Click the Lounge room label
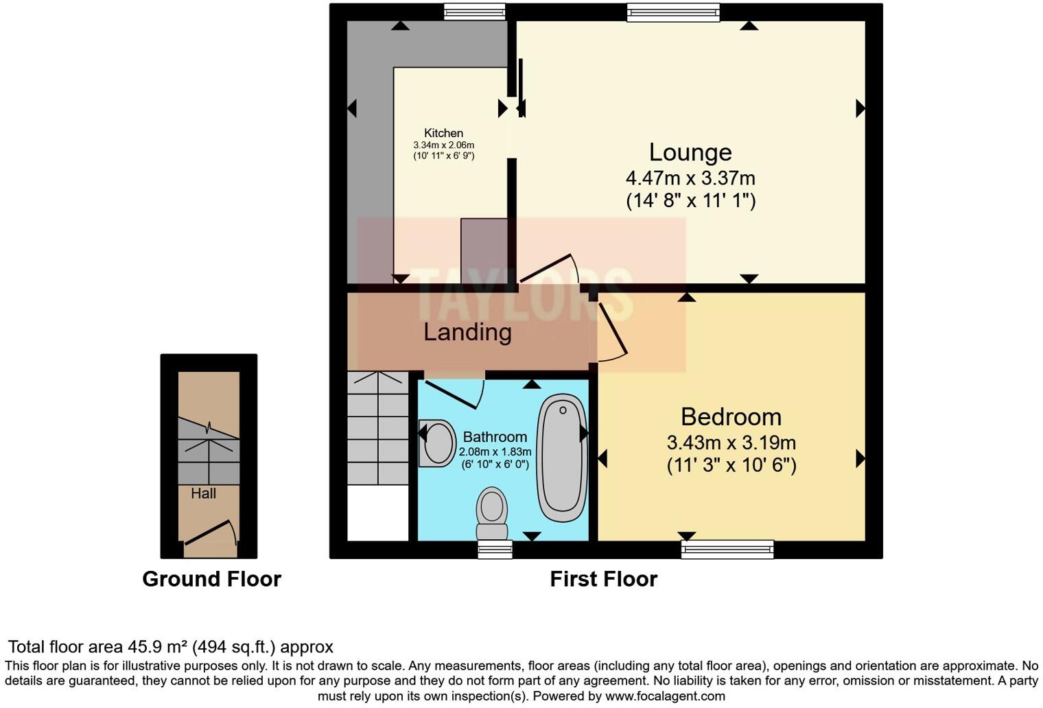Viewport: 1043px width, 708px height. (x=690, y=152)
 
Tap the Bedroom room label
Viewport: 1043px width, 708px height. (x=731, y=417)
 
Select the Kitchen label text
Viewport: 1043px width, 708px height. (x=443, y=133)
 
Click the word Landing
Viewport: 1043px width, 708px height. (x=467, y=332)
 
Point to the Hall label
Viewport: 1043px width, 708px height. (x=204, y=493)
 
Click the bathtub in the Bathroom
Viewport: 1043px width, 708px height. (x=562, y=458)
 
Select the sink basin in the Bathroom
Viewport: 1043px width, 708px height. (x=437, y=443)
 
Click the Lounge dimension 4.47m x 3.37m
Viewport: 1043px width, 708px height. (x=690, y=178)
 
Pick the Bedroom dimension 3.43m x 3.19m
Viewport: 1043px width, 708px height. (x=731, y=442)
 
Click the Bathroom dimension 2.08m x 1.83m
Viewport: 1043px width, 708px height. (x=495, y=452)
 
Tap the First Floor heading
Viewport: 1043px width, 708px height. (x=603, y=579)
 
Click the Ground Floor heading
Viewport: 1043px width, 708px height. (x=211, y=579)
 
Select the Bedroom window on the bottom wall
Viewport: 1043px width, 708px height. (x=727, y=548)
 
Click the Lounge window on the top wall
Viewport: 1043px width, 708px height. (x=673, y=12)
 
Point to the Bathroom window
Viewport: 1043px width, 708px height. (x=495, y=548)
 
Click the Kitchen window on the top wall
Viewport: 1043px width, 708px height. (x=474, y=12)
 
